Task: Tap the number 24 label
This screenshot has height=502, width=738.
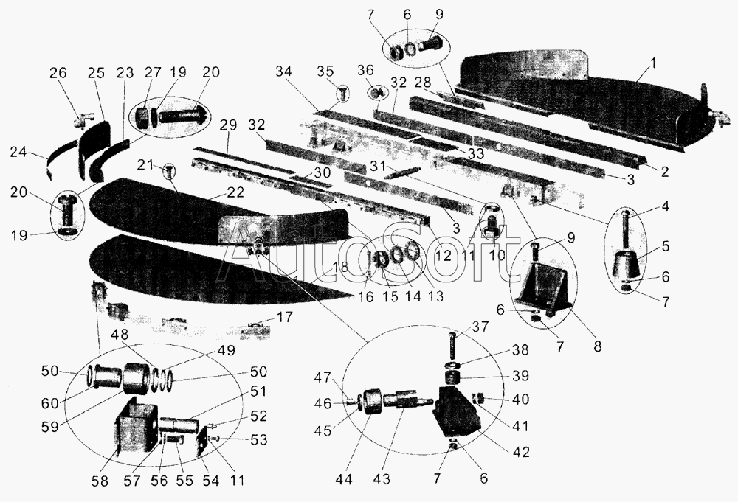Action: click(19, 153)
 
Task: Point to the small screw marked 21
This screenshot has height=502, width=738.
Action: click(170, 172)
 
